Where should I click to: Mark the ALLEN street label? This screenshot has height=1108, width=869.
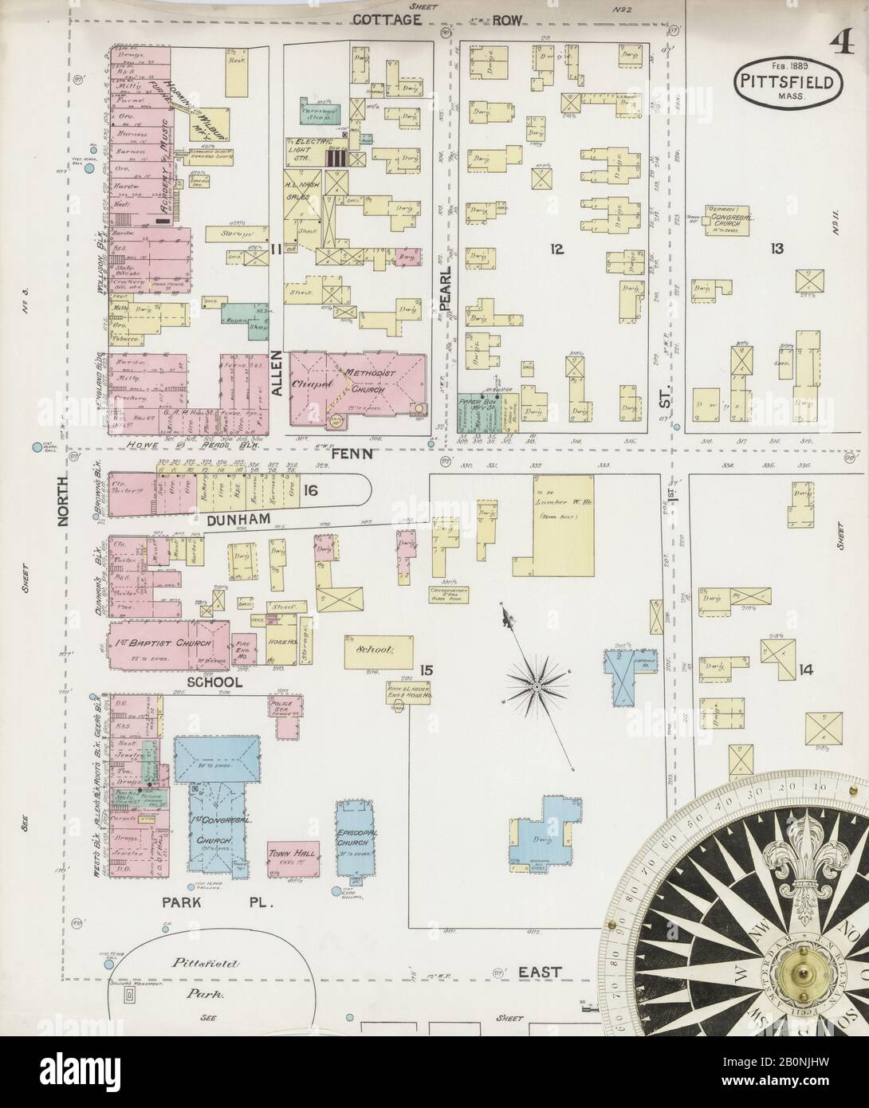click(276, 374)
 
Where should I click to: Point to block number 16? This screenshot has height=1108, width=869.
click(309, 492)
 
